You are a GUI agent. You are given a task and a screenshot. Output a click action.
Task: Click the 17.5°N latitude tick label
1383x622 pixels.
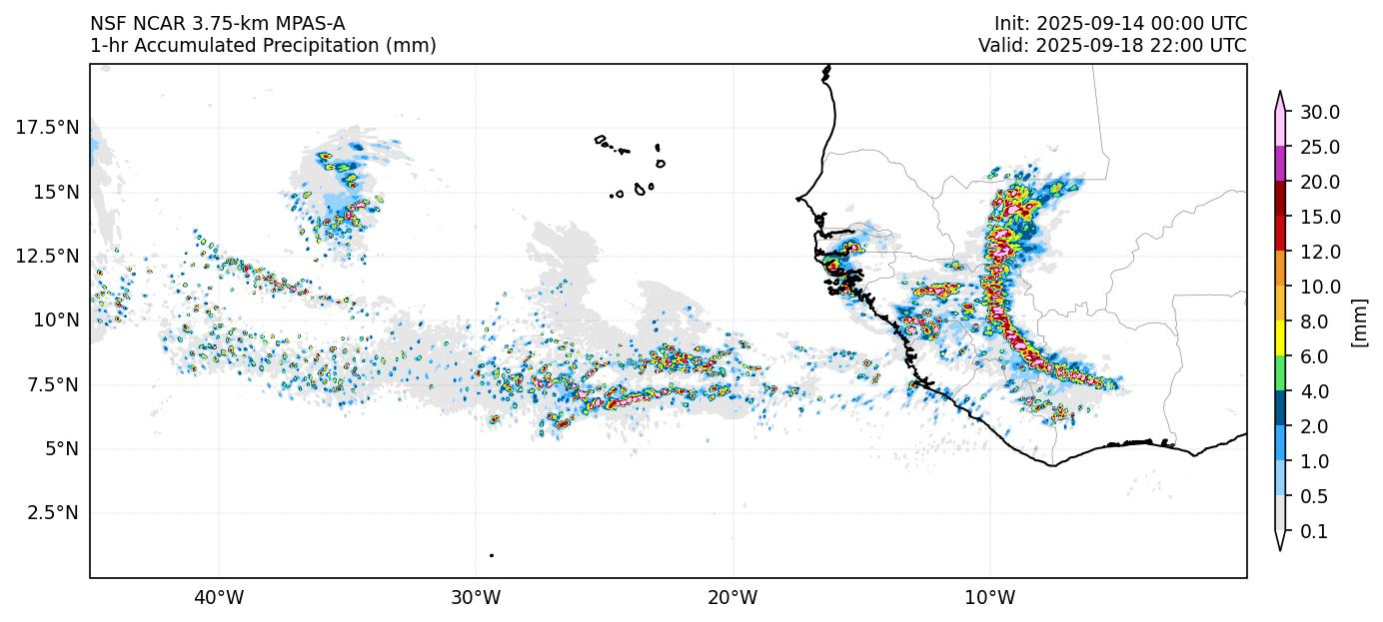47,127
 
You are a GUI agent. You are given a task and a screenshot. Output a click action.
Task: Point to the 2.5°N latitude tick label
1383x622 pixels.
52,512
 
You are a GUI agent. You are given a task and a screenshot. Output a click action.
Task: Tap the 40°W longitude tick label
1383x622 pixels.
218,599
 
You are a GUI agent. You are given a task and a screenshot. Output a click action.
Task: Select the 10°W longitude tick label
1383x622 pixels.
989,599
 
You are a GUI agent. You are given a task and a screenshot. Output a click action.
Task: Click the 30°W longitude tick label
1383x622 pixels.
476,599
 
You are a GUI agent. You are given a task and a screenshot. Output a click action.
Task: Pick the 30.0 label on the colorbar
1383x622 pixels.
1319,112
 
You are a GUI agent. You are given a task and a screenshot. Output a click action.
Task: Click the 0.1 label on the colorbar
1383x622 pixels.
1315,531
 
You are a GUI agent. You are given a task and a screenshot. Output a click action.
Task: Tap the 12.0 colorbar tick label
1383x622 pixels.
1319,252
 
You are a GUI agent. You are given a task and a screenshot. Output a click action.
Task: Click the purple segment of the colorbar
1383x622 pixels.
1279,164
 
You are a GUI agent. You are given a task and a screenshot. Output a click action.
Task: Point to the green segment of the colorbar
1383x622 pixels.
1279,373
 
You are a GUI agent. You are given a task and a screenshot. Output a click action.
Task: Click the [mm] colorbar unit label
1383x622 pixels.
1358,322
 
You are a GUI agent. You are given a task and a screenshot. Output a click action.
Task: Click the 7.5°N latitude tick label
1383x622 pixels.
52,384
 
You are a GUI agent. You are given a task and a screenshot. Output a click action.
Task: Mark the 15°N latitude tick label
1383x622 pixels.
56,191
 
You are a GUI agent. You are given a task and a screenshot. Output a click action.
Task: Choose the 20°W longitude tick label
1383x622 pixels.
732,599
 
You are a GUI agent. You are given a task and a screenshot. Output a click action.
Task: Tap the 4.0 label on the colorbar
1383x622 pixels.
1315,391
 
